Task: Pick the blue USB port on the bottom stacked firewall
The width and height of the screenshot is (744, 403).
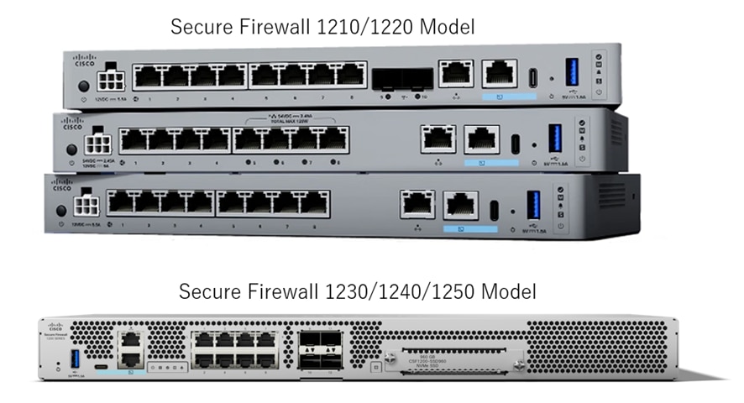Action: (x=532, y=205)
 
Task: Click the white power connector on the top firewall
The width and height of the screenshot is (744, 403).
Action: (x=108, y=81)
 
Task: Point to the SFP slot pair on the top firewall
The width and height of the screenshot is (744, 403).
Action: (x=401, y=80)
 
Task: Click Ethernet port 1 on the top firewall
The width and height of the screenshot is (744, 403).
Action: (x=150, y=76)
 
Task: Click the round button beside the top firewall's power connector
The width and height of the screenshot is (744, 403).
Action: (x=82, y=86)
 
